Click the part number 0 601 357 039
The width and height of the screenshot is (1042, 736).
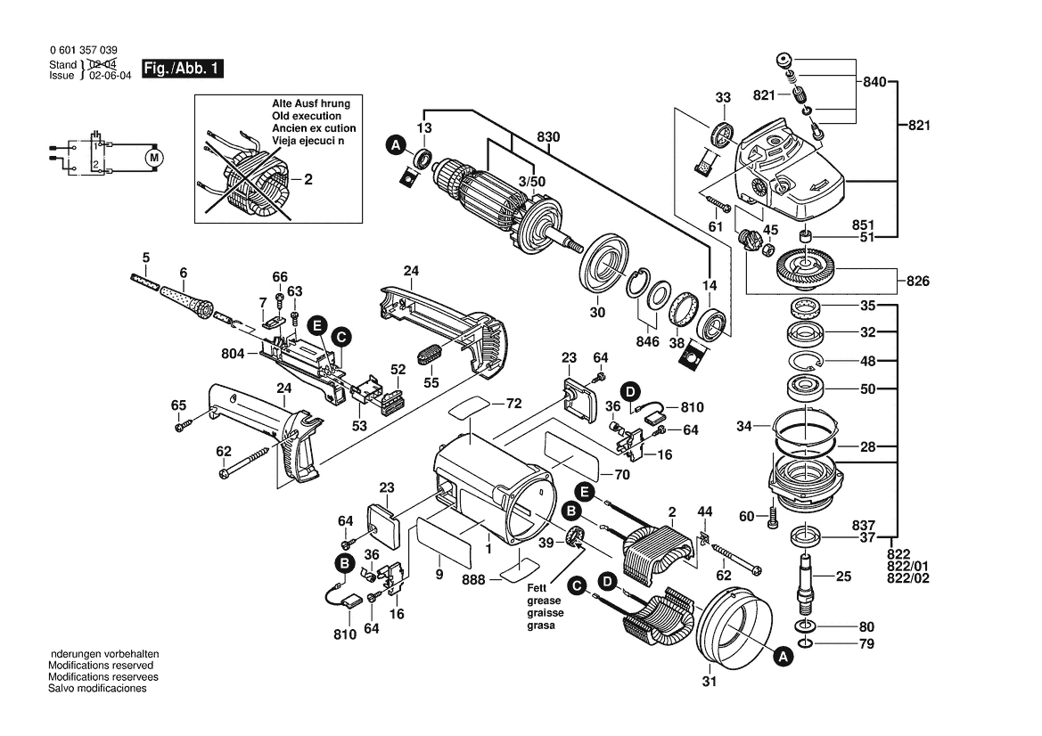tap(82, 51)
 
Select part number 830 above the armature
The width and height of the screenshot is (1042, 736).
tap(549, 138)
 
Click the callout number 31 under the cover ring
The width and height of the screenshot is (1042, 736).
tap(709, 683)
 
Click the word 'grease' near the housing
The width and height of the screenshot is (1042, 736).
tap(540, 601)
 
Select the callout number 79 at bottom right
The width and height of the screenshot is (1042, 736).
tap(866, 643)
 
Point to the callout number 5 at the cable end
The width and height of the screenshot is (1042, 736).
tap(145, 258)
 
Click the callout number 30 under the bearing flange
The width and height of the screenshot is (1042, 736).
tap(597, 312)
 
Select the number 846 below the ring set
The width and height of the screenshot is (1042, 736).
tap(648, 341)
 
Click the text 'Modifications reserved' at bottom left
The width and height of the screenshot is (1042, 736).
tap(101, 666)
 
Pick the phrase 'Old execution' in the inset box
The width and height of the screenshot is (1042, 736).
tap(307, 116)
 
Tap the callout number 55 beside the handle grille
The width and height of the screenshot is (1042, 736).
tap(431, 382)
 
